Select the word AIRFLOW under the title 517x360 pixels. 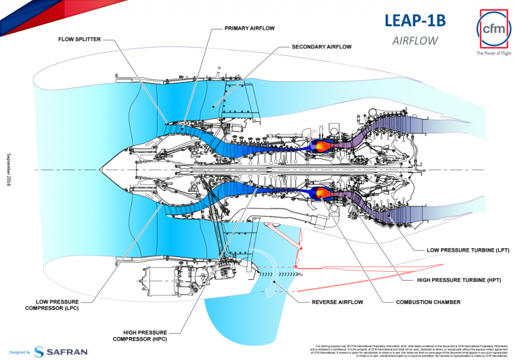tap(415, 40)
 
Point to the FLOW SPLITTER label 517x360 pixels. tap(79, 39)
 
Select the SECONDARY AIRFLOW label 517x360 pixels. tap(322, 48)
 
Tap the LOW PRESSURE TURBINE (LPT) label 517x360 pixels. tap(467, 250)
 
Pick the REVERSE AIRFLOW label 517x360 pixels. tap(339, 302)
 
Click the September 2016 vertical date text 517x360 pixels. tap(9, 168)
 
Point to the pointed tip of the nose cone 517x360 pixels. tap(100, 168)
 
